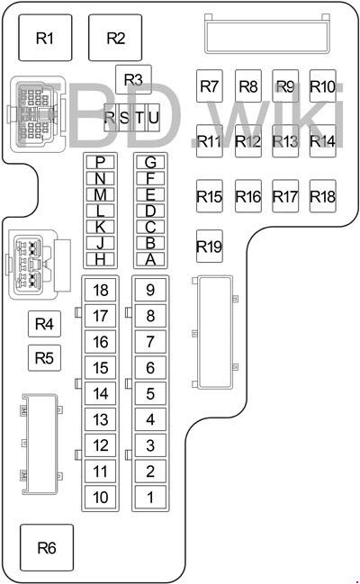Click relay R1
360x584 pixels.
pos(45,38)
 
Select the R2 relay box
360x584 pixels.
pos(115,38)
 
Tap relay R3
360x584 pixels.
pos(133,79)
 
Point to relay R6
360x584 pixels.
pos(47,547)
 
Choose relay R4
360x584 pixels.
pos(44,324)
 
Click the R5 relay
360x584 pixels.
pos(44,358)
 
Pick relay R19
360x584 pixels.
pos(210,247)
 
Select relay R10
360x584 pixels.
pos(323,86)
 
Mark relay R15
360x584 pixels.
pos(210,196)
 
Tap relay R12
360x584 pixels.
pos(248,141)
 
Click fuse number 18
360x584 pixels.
pos(100,290)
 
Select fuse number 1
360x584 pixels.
pos(150,497)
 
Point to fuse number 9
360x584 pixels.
pos(150,290)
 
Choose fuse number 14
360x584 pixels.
pos(100,393)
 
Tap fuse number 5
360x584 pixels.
pos(150,393)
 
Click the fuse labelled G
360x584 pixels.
pos(150,162)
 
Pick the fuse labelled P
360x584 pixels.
pos(100,162)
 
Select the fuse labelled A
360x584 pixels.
pos(150,259)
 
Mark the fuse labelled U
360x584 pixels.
pos(154,118)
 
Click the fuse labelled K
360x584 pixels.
pos(100,227)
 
